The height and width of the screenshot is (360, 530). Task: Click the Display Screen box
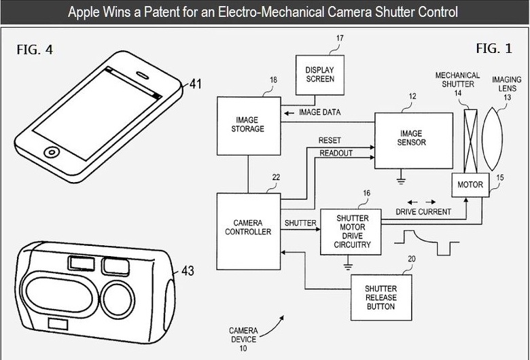(320, 74)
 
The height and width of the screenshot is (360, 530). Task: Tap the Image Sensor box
(413, 139)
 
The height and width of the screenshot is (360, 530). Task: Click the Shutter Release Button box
(381, 298)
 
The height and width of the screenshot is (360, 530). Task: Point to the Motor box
(470, 184)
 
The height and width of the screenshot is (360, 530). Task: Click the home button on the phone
(50, 151)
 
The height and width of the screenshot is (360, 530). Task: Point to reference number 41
(196, 84)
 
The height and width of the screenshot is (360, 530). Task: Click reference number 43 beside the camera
(187, 271)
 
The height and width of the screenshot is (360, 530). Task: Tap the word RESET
(330, 141)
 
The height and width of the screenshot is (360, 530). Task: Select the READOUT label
(336, 154)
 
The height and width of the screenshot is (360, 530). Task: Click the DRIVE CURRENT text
(423, 212)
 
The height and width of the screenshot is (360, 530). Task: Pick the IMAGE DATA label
(319, 112)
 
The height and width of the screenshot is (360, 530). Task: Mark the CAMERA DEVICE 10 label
(243, 338)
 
